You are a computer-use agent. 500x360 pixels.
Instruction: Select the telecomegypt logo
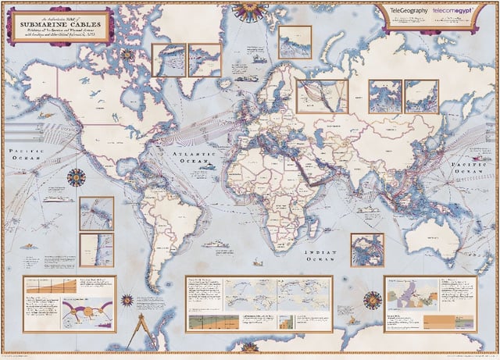point(455,13)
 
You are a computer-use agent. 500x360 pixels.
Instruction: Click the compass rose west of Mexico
point(76,178)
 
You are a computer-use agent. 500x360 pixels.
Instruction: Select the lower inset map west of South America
point(96,249)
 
